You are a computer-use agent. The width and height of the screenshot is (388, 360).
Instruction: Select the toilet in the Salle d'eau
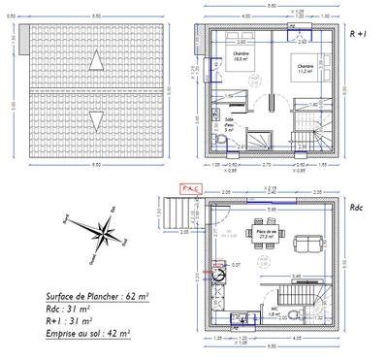point(222,143)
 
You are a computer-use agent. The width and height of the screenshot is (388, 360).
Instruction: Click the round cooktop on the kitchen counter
point(220,274)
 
